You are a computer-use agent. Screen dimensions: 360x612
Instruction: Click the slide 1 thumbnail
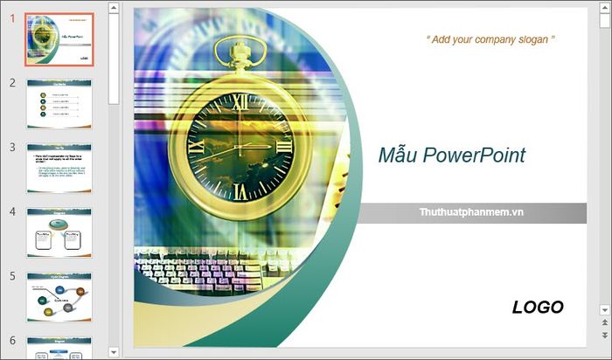click(x=59, y=39)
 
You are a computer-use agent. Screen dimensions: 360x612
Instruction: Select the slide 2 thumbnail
click(x=59, y=103)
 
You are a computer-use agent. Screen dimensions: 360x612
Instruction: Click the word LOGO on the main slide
click(x=538, y=307)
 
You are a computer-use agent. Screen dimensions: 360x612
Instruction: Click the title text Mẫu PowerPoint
click(x=452, y=156)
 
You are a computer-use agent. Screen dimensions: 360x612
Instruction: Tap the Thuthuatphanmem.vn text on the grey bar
click(x=472, y=212)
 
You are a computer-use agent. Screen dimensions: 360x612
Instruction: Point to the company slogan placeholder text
click(x=490, y=39)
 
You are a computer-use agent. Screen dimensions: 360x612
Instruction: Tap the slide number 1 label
click(x=12, y=18)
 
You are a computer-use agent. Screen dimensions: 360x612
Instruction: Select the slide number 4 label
click(x=12, y=211)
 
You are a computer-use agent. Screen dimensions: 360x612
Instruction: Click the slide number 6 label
click(x=12, y=340)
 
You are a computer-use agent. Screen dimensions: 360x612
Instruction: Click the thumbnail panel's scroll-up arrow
click(x=113, y=8)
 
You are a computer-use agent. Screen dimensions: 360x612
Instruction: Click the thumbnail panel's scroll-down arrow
click(x=113, y=351)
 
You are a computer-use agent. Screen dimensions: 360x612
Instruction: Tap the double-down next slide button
click(x=604, y=336)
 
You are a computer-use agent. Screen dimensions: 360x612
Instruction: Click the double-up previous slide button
click(x=604, y=323)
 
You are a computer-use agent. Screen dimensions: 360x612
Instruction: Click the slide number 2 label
click(x=12, y=83)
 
